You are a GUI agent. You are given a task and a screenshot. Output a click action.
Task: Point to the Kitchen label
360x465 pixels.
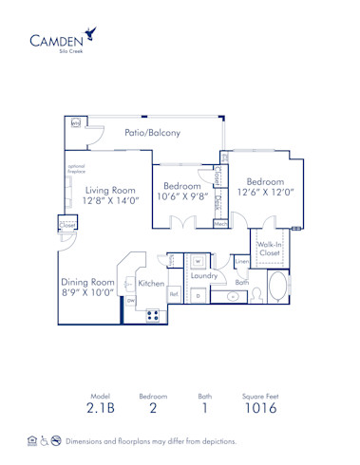[152, 283]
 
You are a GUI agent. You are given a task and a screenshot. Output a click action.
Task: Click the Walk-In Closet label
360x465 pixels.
[270, 249]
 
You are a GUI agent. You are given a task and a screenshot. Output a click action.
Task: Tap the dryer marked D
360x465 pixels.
[199, 296]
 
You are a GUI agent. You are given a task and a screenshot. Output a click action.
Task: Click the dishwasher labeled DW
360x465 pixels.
[131, 301]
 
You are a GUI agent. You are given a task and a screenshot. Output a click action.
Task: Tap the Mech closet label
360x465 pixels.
[220, 224]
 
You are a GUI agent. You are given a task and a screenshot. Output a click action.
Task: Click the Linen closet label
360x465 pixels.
[242, 260]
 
